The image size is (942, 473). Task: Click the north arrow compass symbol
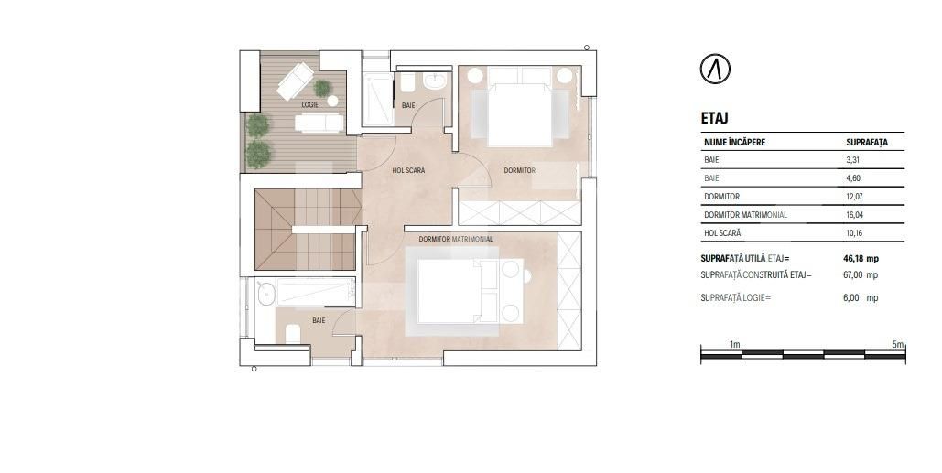click(715, 69)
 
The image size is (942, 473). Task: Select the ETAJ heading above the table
click(714, 118)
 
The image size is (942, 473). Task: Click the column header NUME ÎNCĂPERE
click(734, 143)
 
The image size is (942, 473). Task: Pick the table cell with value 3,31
click(853, 160)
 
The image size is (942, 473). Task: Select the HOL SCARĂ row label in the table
click(722, 233)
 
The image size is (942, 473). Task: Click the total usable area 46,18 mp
click(861, 259)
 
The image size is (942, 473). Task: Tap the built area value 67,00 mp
click(861, 274)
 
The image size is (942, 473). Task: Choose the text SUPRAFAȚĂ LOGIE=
click(735, 298)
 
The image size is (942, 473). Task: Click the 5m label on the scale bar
click(897, 344)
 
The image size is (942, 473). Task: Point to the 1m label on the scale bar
click(735, 344)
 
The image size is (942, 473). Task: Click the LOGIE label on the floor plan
click(309, 105)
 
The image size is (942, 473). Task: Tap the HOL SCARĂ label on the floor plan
click(408, 170)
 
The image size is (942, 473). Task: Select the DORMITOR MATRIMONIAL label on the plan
click(456, 239)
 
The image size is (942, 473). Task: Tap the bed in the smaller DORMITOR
click(519, 113)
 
